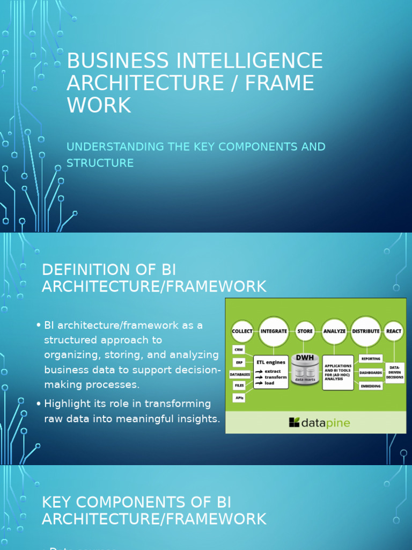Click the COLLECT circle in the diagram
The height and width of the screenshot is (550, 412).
click(242, 331)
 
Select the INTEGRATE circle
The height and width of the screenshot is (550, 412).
click(274, 331)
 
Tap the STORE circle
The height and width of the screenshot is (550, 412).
click(305, 331)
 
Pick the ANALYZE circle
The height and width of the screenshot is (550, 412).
click(334, 331)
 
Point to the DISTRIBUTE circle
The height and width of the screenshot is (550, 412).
click(366, 331)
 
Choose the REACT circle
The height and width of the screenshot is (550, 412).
click(394, 331)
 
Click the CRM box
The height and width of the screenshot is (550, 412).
click(239, 350)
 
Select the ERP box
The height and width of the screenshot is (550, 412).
click(239, 361)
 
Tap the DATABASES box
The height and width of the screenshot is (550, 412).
click(240, 374)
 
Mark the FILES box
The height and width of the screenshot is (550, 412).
click(239, 385)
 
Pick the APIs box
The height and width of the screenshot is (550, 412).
click(239, 397)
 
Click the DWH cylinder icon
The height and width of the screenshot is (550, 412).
click(305, 369)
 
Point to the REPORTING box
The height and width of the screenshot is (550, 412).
click(371, 359)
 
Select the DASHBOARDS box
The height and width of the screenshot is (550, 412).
click(371, 372)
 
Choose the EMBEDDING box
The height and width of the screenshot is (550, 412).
click(371, 386)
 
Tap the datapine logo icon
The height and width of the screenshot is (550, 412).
click(295, 422)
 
